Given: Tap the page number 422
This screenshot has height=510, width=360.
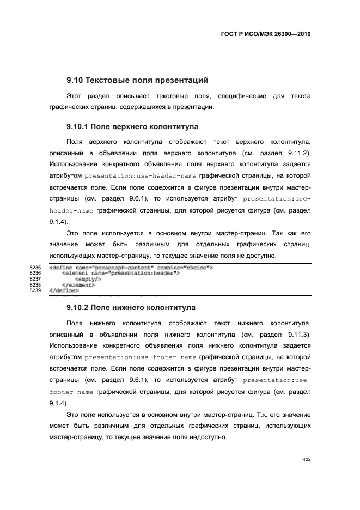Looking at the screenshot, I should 307,459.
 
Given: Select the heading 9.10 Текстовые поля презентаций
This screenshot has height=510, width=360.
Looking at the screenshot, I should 137,80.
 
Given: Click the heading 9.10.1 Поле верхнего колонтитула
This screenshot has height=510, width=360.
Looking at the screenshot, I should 132,126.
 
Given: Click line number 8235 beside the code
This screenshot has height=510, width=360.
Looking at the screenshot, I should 35,268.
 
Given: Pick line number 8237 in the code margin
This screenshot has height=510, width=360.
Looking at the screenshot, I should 35,279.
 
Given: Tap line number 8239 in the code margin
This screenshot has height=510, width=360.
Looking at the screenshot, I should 35,290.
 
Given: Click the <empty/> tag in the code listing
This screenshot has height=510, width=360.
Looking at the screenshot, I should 88,279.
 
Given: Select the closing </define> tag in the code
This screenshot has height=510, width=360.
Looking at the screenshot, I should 64,290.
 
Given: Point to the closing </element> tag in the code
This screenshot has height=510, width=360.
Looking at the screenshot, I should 78,284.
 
